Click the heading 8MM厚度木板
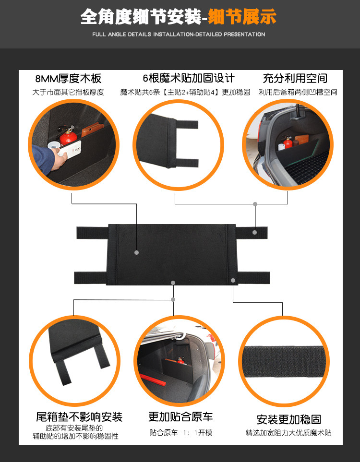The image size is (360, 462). (x=69, y=79)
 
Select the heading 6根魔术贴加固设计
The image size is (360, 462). (x=189, y=78)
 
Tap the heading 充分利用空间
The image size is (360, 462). (x=295, y=78)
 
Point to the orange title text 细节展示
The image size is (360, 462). (x=242, y=17)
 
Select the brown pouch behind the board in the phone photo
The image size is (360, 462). (x=92, y=129)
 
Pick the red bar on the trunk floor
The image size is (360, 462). (x=152, y=380)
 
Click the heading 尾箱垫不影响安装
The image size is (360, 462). (x=79, y=417)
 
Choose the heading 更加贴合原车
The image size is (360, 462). (x=180, y=416)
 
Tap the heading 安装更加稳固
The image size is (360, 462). (x=288, y=419)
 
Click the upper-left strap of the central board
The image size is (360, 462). (x=93, y=233)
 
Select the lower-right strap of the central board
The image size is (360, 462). (x=253, y=278)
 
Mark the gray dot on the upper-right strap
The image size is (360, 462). (x=255, y=233)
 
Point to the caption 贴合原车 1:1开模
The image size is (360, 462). (x=181, y=433)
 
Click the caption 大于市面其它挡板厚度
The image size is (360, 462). (x=68, y=92)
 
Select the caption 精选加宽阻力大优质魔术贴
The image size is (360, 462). (x=288, y=433)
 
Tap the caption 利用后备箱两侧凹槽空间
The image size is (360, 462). (x=298, y=92)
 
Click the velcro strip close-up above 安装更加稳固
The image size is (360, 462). (x=284, y=362)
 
